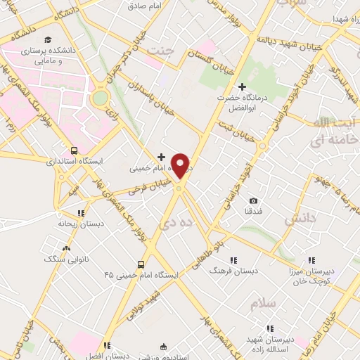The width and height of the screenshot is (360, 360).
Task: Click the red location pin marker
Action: click(181, 166)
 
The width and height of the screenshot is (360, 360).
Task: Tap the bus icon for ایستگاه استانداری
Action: click(75, 150)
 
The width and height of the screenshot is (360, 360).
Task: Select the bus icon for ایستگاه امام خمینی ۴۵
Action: click(141, 264)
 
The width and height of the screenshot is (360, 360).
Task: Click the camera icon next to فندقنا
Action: click(253, 200)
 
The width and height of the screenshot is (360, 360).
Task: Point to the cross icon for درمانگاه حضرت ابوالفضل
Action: click(242, 87)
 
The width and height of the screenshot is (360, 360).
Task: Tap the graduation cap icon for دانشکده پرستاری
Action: click(47, 40)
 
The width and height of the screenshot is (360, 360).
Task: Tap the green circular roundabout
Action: click(101, 97)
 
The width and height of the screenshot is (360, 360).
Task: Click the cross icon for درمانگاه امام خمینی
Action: click(162, 157)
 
